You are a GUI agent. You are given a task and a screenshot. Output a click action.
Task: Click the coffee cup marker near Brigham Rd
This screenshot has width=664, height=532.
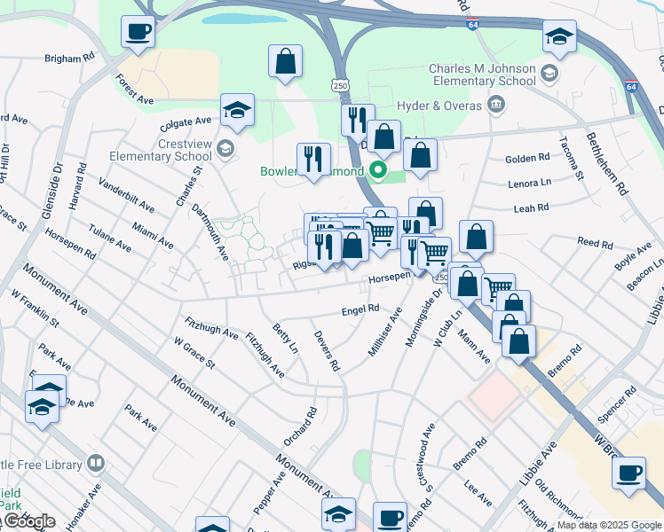coord(138,32)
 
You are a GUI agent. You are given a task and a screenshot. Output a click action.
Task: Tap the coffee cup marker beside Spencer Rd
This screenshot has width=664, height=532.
coord(628,472)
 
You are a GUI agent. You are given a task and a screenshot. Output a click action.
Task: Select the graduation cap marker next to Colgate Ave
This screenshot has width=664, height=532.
coord(237,111)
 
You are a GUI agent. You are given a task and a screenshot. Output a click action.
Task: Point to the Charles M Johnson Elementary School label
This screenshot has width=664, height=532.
coord(482,74)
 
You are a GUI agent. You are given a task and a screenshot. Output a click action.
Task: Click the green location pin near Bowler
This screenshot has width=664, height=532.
coord(379,170)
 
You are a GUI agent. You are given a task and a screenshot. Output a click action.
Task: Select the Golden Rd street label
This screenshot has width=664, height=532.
coord(527,159)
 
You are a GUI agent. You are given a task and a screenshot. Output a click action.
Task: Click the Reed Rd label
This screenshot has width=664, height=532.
coord(595,242)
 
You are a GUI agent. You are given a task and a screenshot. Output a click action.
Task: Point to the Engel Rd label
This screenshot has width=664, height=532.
coord(360,309)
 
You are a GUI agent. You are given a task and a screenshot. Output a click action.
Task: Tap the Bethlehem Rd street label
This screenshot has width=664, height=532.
coord(607,164)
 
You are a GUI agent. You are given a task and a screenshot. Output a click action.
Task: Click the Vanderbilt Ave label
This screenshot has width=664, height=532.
coord(126,196)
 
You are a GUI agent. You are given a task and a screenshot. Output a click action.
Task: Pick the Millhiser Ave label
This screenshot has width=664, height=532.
coord(384,332)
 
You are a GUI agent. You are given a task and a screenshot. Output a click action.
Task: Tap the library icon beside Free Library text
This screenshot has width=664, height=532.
coord(96,463)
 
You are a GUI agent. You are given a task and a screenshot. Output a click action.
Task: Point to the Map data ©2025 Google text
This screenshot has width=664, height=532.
coord(609,525)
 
